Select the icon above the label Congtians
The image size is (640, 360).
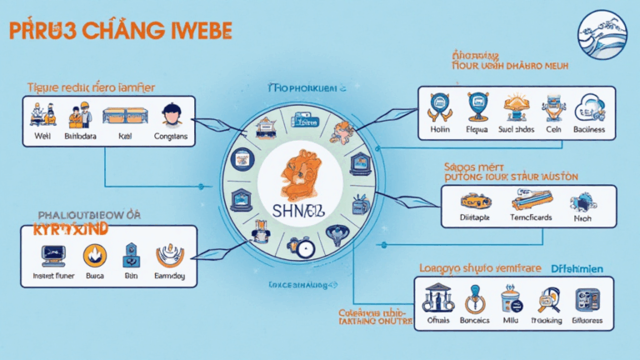point(172,113)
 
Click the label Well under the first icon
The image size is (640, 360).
point(42,136)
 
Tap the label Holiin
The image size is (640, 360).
point(439,129)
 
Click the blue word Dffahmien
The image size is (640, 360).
point(583,267)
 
